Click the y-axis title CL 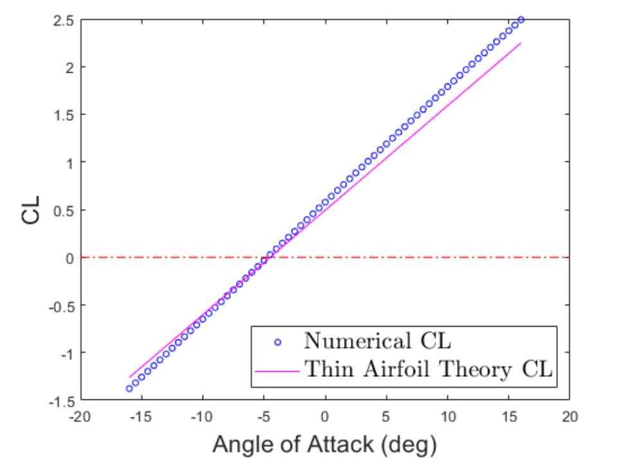(31, 211)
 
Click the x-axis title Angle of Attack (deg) (325, 444)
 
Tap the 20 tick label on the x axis (569, 417)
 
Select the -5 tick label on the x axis (263, 417)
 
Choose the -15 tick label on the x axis (141, 417)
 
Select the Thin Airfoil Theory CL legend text (428, 370)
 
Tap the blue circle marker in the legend (278, 341)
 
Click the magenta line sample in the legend (278, 370)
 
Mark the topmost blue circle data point (521, 20)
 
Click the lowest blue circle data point (129, 388)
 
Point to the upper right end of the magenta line (521, 43)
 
